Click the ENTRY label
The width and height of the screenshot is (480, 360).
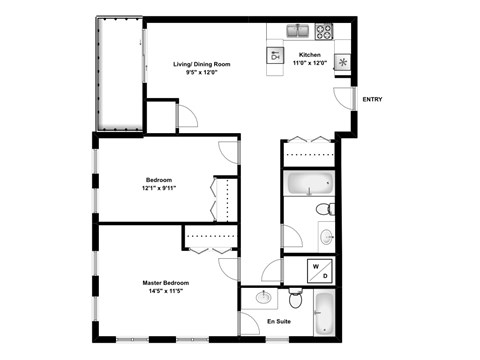tap(372, 99)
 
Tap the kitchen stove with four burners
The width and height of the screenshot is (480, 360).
tap(324, 30)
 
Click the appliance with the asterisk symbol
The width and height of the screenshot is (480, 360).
tap(343, 62)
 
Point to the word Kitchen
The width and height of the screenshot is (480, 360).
tap(310, 54)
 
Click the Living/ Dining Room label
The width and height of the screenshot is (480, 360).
tap(202, 64)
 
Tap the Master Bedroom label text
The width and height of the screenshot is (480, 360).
tap(166, 283)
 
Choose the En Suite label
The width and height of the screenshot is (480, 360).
tap(278, 322)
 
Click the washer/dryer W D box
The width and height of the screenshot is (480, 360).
tap(318, 271)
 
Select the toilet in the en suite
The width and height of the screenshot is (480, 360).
tap(296, 299)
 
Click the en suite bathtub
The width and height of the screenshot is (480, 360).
tap(325, 313)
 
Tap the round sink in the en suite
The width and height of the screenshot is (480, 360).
tap(263, 297)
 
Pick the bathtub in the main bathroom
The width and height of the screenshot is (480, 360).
tap(309, 184)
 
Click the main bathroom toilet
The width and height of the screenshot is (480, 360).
tap(325, 209)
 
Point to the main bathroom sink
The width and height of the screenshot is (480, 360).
tap(326, 237)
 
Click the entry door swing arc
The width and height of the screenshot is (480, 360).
tap(343, 98)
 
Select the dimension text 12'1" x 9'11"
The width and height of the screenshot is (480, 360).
tap(159, 188)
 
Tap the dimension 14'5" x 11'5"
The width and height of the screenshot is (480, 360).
tap(166, 292)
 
